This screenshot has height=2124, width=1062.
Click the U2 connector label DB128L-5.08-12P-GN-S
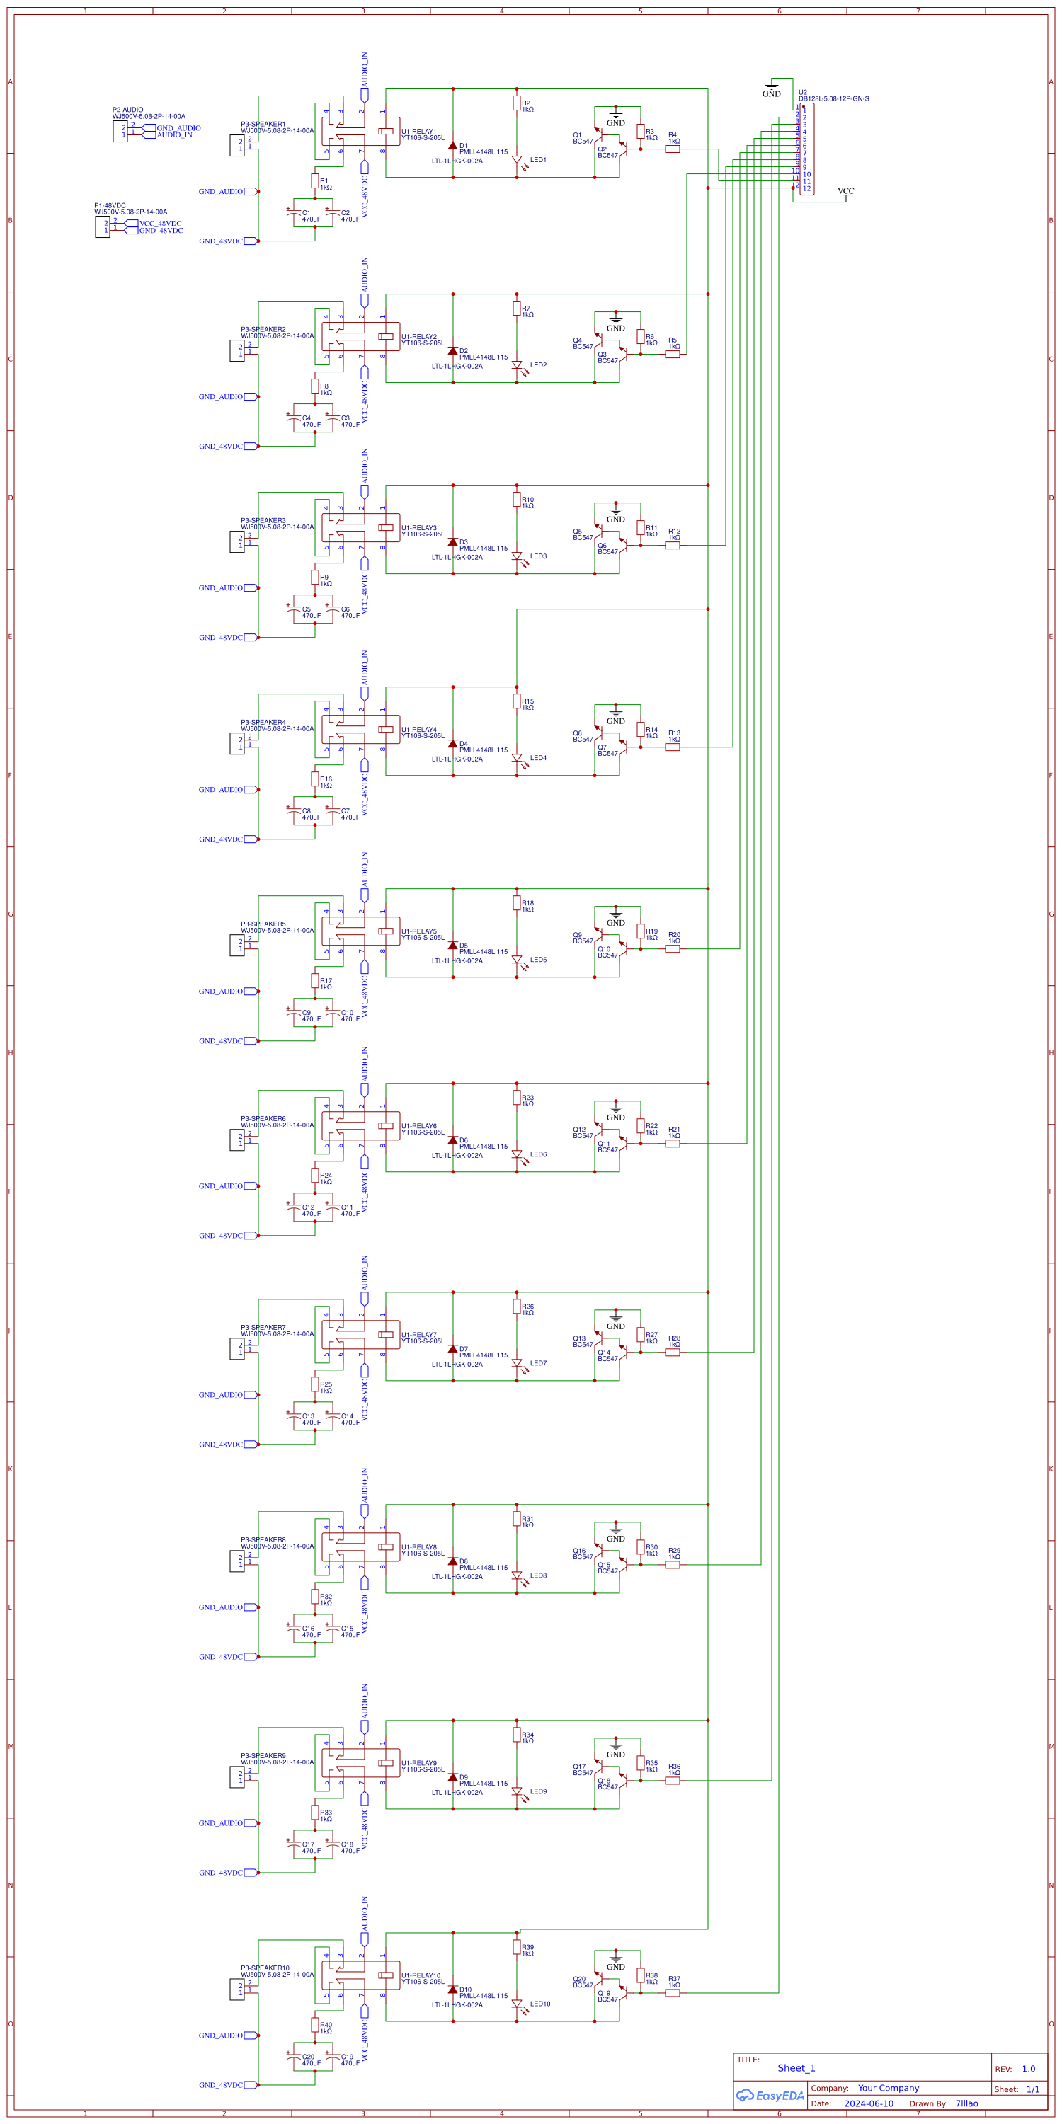point(833,99)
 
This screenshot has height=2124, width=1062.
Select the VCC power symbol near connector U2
point(845,191)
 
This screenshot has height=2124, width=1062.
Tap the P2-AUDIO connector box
point(120,131)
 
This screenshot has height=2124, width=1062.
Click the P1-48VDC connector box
point(101,226)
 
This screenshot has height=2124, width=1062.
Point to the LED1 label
point(537,160)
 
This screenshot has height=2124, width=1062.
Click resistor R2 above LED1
point(516,103)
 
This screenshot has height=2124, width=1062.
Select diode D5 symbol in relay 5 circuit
point(452,946)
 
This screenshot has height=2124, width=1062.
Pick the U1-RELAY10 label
point(421,1975)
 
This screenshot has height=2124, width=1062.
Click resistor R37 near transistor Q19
point(673,1993)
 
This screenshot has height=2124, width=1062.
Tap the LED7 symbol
point(517,1364)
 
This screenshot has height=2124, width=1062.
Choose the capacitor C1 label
point(306,213)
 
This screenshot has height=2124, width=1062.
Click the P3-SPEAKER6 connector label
point(263,1119)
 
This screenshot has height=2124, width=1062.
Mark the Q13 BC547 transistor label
point(582,1341)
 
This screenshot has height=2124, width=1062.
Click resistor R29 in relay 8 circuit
point(673,1564)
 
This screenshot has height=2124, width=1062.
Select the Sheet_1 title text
point(796,2068)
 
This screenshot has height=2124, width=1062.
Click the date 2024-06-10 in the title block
point(868,2103)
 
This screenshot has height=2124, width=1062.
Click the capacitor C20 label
point(307,2056)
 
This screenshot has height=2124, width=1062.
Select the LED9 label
point(537,1791)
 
